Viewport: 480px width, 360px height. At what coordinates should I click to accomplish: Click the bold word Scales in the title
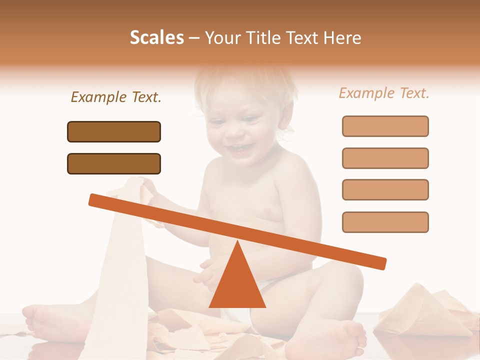click(156, 38)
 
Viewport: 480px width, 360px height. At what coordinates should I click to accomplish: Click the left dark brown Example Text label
click(116, 97)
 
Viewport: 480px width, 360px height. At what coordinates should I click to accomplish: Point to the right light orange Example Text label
click(384, 93)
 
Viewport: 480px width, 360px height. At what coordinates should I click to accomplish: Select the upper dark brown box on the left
click(114, 131)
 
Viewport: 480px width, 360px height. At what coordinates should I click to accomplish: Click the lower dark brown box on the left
click(114, 163)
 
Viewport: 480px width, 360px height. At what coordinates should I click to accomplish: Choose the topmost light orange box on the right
click(385, 126)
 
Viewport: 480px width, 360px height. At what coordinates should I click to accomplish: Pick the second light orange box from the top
click(385, 158)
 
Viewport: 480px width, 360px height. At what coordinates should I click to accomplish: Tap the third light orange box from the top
click(385, 190)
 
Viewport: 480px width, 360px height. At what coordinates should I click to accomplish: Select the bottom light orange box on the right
click(385, 222)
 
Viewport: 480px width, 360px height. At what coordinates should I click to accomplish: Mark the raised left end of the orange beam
click(95, 199)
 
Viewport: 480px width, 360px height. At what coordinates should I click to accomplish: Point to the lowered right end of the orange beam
click(380, 263)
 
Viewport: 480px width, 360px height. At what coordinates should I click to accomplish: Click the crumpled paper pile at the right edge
click(425, 310)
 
